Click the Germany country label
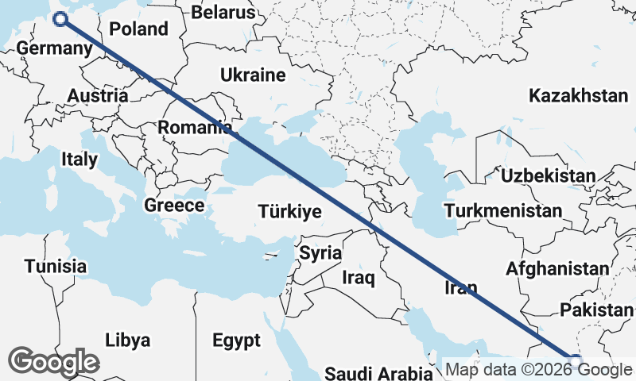pos(55,48)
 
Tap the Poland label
pos(139,29)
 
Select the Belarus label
pos(224,13)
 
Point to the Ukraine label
pos(253,76)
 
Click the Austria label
pos(98,95)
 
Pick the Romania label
pos(194,127)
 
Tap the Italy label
pos(79,160)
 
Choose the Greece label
pos(174,206)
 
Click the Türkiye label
pos(289,212)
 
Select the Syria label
pos(320,254)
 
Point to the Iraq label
pos(358,278)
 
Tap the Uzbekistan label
pos(548,175)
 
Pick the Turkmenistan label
pos(504,211)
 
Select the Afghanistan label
pos(557,268)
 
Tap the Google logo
pos(53,362)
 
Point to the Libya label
pos(127,341)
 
